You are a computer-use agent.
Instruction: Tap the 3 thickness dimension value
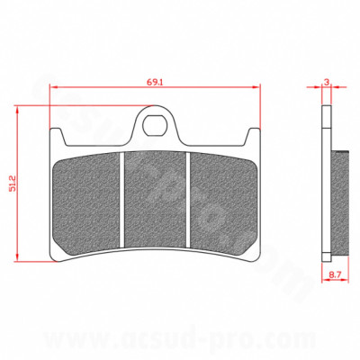[326, 82]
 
